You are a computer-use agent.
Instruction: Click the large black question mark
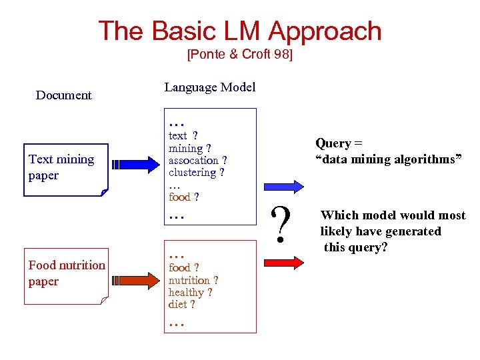283,224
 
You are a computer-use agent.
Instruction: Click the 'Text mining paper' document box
65,169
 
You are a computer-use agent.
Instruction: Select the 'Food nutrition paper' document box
66,274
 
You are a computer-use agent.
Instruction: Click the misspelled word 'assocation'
193,161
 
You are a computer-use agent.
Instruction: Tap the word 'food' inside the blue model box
179,197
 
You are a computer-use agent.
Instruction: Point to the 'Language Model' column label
209,87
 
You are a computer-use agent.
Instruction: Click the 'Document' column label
63,95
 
